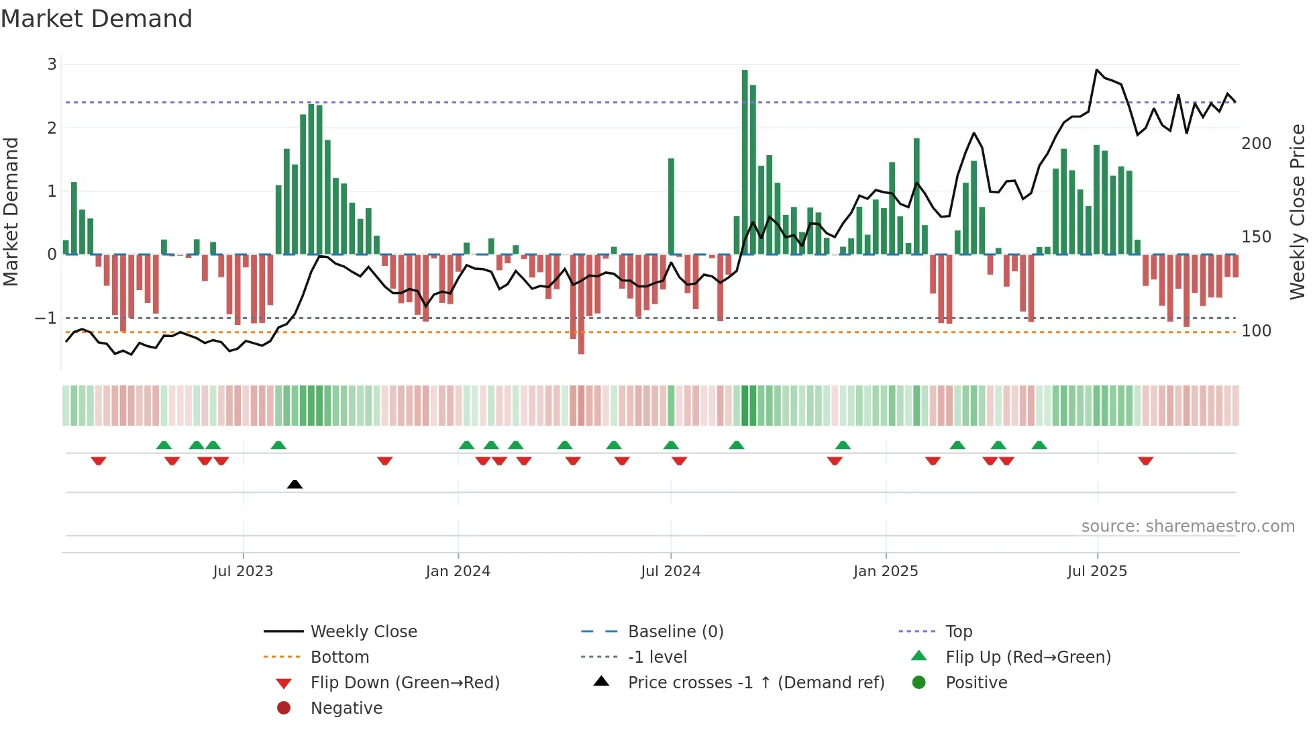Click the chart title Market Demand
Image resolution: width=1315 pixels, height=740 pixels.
(97, 19)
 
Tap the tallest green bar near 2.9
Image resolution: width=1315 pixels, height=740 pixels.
(745, 161)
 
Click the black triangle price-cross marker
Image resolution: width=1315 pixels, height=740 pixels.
(295, 484)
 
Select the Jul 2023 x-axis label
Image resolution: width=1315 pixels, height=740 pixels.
(243, 571)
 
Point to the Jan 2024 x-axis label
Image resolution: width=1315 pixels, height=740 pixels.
(458, 571)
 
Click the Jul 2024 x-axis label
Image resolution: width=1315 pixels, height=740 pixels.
(670, 571)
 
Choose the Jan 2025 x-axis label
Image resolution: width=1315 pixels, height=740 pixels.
(886, 571)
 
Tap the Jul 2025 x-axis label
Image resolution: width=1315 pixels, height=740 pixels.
(1098, 571)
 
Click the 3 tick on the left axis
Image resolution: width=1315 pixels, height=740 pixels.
(52, 64)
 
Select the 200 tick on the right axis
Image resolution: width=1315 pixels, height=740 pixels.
(1256, 144)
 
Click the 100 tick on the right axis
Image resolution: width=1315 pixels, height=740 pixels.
(1256, 331)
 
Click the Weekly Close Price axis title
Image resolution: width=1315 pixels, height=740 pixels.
(1298, 212)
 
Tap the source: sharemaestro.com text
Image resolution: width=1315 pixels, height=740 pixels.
(1188, 526)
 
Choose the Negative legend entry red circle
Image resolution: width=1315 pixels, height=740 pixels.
(284, 708)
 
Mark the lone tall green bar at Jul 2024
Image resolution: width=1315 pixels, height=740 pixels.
(671, 207)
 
